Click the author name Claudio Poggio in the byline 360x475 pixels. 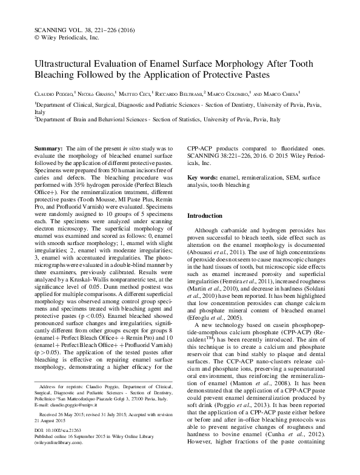(52, 94)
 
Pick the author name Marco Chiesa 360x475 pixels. (290, 94)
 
